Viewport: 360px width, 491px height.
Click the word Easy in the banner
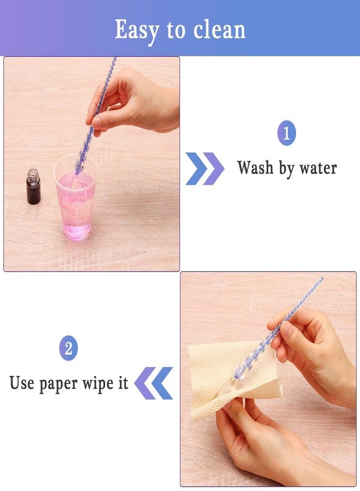pyautogui.click(x=137, y=31)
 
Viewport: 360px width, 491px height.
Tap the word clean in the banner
pyautogui.click(x=219, y=30)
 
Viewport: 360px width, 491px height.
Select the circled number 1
pyautogui.click(x=286, y=133)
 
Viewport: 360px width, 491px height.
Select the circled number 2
pyautogui.click(x=68, y=348)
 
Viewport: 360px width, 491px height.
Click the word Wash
pyautogui.click(x=255, y=167)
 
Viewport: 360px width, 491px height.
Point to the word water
pyautogui.click(x=318, y=169)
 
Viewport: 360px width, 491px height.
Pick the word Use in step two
pyautogui.click(x=22, y=382)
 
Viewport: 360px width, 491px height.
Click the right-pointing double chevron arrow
pyautogui.click(x=205, y=169)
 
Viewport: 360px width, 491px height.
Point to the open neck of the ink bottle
pyautogui.click(x=33, y=172)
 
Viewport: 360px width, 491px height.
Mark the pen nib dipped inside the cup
pyautogui.click(x=75, y=182)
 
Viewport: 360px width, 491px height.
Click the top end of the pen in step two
pyautogui.click(x=321, y=278)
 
